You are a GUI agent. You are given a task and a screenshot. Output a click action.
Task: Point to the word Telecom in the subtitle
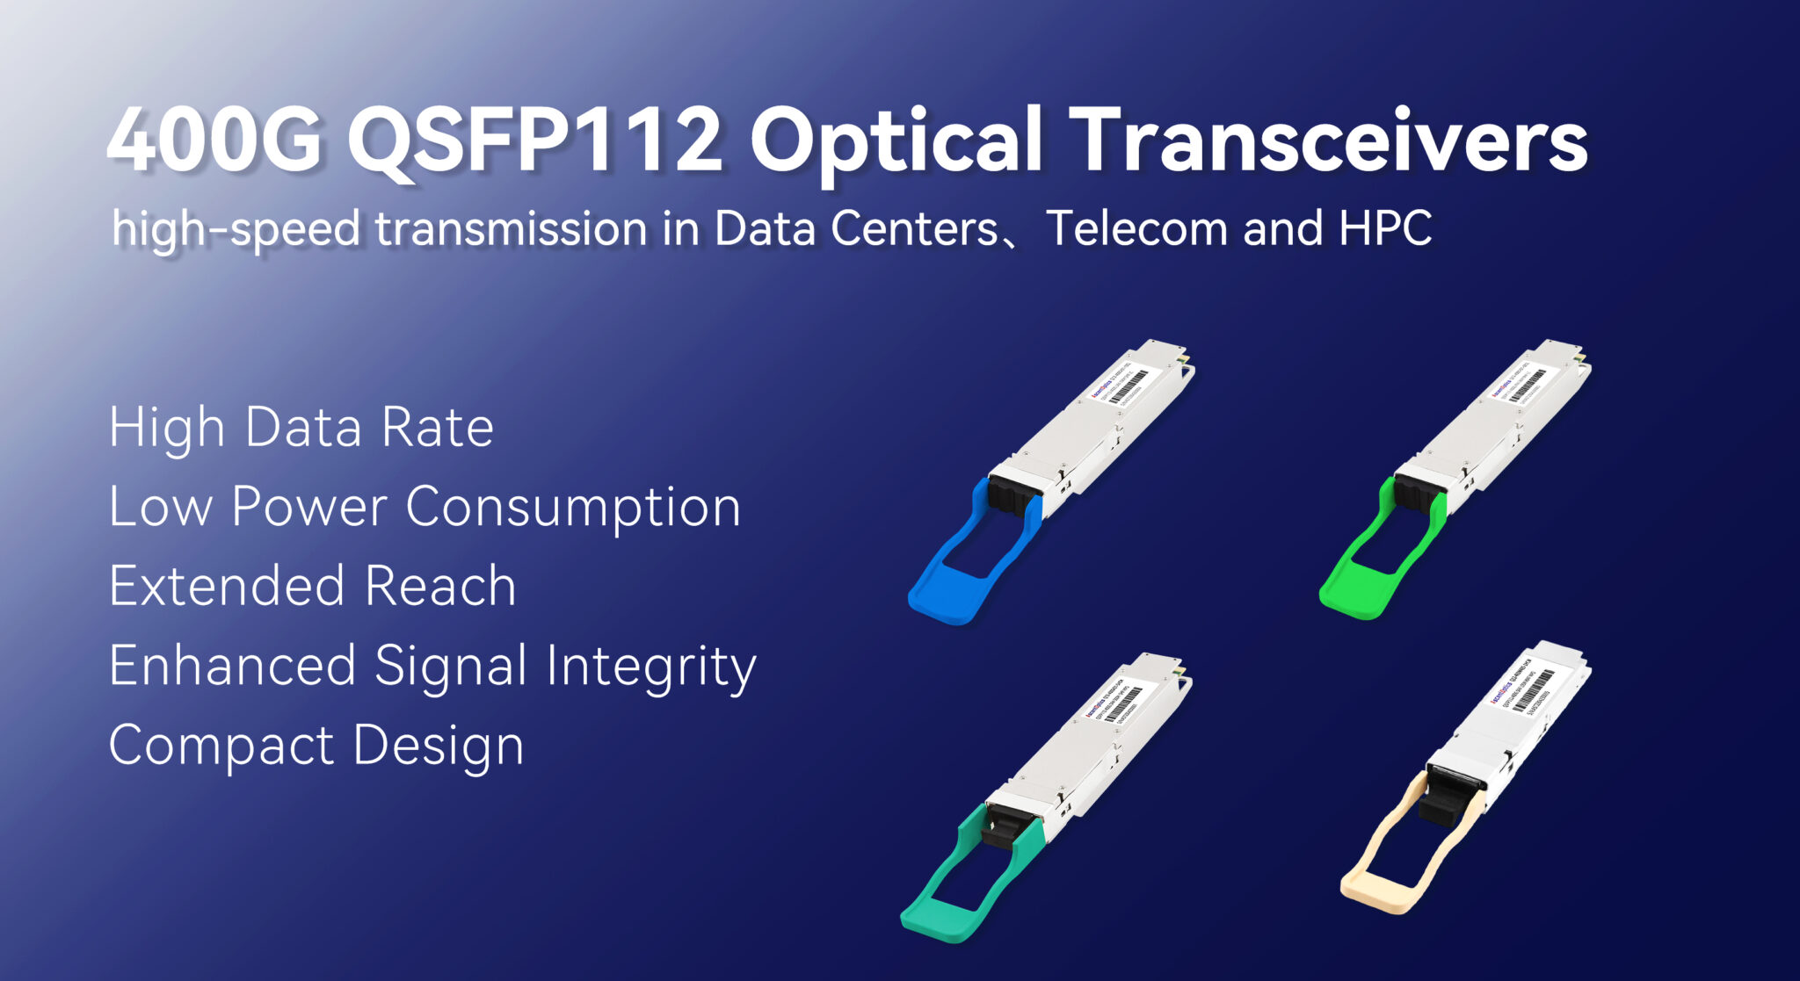1137,228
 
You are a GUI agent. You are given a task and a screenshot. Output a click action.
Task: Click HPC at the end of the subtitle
1386,228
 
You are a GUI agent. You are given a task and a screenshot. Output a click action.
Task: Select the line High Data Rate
301,428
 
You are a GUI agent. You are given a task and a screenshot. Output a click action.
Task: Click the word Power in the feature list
309,507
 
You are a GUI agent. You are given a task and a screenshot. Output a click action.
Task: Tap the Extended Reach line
312,586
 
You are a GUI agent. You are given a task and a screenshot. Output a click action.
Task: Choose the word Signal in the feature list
451,666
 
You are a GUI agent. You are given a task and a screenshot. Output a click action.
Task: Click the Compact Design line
316,746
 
